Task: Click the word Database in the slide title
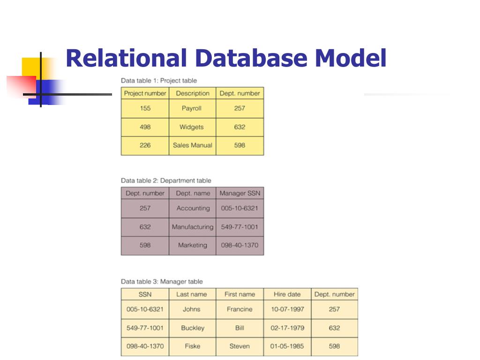[x=250, y=59]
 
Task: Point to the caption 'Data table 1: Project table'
[x=159, y=81]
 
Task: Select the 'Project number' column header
[x=145, y=93]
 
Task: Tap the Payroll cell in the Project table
[x=192, y=108]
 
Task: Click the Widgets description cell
[x=192, y=127]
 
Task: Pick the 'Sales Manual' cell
[x=192, y=145]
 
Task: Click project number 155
[x=145, y=108]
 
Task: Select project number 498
[x=145, y=127]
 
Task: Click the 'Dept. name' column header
[x=192, y=193]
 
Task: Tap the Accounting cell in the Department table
[x=193, y=208]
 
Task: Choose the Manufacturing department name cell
[x=192, y=227]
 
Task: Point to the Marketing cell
[x=192, y=245]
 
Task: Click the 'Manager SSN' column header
[x=240, y=193]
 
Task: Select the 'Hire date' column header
[x=287, y=294]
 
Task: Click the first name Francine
[x=240, y=309]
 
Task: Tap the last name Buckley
[x=193, y=328]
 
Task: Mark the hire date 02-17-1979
[x=287, y=328]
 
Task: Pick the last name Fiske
[x=192, y=346]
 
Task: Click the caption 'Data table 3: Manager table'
[x=162, y=282]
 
